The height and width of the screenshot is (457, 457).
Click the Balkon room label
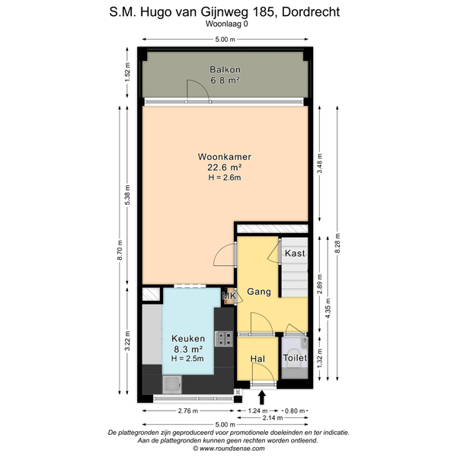tap(225, 69)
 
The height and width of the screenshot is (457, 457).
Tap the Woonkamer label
tap(225, 157)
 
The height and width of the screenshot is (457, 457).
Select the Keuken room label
tap(188, 338)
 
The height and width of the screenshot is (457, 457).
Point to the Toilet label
tap(295, 358)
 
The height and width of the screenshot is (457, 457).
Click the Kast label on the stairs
tap(295, 254)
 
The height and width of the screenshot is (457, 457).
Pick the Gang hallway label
tap(259, 292)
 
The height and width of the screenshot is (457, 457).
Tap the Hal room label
tap(257, 359)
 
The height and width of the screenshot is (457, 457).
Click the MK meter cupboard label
tap(229, 296)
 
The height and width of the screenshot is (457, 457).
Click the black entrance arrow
tap(262, 398)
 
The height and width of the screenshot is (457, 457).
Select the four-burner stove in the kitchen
tap(224, 339)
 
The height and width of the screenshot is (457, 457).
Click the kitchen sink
tap(172, 385)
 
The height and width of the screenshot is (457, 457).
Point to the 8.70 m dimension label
tap(120, 251)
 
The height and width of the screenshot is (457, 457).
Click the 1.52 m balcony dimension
tap(127, 72)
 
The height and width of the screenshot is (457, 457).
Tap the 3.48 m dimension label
tap(320, 163)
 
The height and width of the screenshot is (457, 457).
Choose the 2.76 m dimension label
tap(188, 411)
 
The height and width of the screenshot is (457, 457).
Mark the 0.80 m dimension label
tap(294, 411)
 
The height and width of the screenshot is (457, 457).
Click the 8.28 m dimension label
tap(337, 244)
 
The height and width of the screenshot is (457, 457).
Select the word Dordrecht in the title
tap(311, 12)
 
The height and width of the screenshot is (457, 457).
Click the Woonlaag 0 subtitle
tap(227, 24)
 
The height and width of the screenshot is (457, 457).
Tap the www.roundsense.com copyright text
tap(228, 449)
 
